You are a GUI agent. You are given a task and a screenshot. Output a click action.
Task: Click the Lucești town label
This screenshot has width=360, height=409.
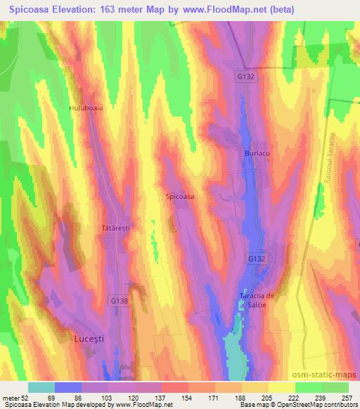click(x=89, y=339)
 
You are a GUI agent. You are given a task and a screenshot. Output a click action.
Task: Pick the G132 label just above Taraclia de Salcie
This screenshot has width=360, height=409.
click(x=256, y=259)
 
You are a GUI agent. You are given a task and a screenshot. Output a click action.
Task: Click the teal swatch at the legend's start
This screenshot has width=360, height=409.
click(x=41, y=387)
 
